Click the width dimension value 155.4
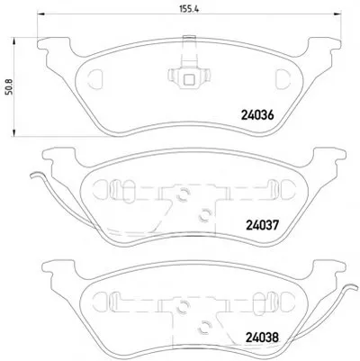point(189,9)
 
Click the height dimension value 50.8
point(9,86)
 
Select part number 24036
point(257,115)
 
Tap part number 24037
point(263,225)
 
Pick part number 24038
point(263,338)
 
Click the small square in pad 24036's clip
point(189,79)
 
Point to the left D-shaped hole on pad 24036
point(95,79)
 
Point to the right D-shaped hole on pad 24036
point(283,79)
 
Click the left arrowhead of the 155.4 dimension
point(40,14)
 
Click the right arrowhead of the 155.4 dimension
point(337,14)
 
